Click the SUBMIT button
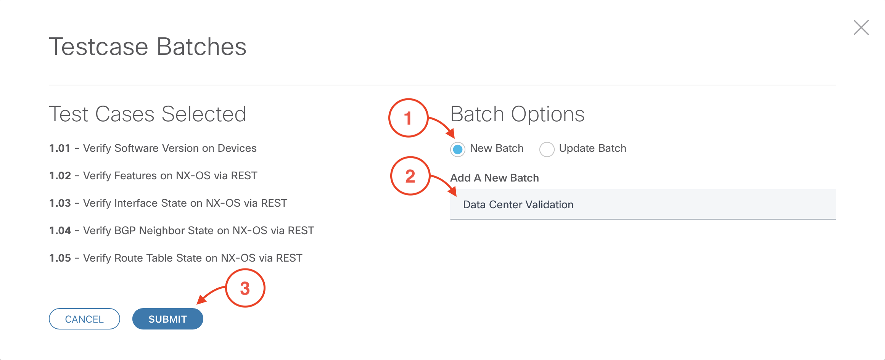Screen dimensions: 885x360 tap(167, 319)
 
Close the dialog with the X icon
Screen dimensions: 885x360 tap(861, 27)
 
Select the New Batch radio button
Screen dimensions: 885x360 tap(458, 149)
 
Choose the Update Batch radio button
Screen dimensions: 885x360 tap(547, 149)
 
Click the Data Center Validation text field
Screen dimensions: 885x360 tap(643, 204)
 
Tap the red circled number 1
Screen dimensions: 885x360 tap(408, 118)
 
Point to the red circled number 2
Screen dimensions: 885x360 tap(410, 176)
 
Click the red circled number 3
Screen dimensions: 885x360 tap(245, 288)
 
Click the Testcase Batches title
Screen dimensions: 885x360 tap(148, 47)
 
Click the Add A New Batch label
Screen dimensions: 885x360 tap(494, 178)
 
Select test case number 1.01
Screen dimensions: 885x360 tap(60, 148)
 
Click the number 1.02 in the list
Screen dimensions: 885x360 tap(60, 175)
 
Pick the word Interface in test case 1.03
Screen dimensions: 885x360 tap(136, 203)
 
